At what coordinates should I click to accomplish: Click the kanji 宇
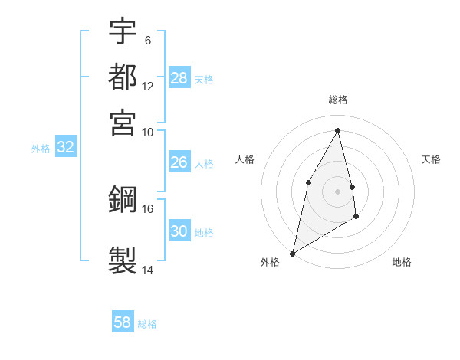pos(123,31)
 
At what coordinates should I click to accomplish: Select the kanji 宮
pos(123,122)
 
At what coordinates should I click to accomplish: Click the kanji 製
pos(123,258)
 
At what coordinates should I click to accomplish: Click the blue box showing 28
pos(179,78)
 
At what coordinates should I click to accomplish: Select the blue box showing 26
pos(179,162)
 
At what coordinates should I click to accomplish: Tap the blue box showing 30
pos(179,231)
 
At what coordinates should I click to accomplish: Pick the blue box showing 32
pos(65,148)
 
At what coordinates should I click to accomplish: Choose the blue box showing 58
pos(123,322)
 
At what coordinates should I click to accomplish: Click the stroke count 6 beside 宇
pos(147,40)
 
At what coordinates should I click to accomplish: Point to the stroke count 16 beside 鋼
pos(147,208)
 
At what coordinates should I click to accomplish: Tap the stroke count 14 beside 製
pos(147,270)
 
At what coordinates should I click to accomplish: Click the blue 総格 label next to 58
pos(147,324)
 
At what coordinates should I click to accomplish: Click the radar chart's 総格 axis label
pos(338,100)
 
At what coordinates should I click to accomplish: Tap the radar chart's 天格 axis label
pos(432,159)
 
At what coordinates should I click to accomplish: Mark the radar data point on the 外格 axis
pos(292,253)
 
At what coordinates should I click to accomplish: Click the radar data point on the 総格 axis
pos(338,129)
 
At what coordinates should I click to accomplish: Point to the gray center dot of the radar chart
pos(338,191)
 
